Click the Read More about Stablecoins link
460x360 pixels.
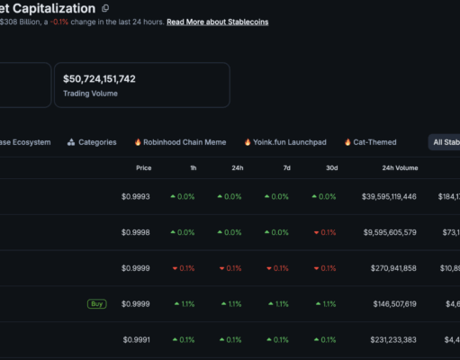point(218,22)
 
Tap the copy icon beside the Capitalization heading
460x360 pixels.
point(105,8)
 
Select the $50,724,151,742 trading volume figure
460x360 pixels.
point(99,79)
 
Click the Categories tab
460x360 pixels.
point(92,142)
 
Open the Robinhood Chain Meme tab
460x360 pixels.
point(180,142)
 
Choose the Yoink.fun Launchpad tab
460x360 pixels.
point(285,142)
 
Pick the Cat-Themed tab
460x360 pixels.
point(371,142)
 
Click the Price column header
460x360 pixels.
point(144,168)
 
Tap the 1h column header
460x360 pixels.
point(194,168)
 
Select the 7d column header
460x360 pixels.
point(287,168)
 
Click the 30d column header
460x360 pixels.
point(332,168)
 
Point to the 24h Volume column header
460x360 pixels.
point(400,168)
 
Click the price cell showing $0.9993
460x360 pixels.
point(136,196)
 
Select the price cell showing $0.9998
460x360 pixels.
point(136,232)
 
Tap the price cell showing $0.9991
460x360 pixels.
point(137,339)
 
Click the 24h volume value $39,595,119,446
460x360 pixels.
point(389,196)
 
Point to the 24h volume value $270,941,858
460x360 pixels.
point(393,268)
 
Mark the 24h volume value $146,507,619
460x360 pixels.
point(394,304)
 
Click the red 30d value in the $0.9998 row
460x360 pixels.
point(325,232)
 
